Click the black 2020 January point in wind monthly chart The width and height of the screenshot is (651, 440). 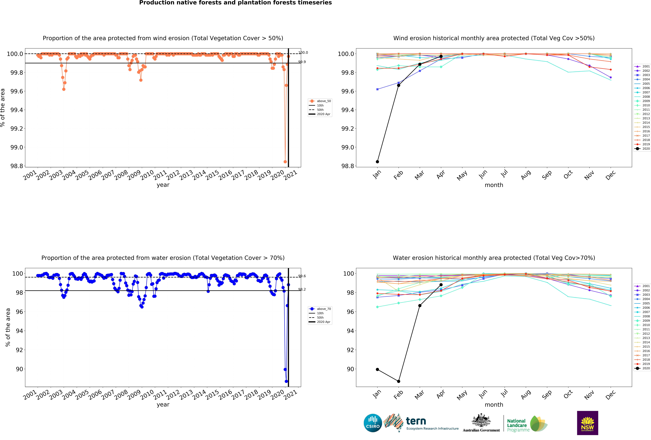[377, 162]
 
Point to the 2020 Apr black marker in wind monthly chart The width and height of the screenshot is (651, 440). [441, 56]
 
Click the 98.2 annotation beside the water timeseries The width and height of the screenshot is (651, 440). [302, 289]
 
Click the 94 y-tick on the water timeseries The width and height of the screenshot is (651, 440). [19, 331]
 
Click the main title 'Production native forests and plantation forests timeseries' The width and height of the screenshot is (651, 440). [235, 3]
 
